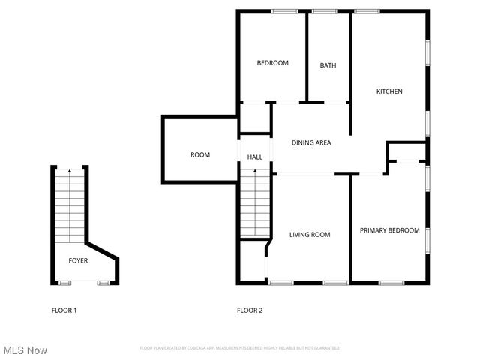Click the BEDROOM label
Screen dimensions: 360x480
pos(272,63)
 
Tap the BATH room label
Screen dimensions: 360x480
pos(328,65)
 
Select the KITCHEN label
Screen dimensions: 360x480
pos(389,91)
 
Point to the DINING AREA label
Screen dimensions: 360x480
pos(311,142)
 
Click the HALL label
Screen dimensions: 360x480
pos(255,157)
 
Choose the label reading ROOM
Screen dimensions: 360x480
pos(200,155)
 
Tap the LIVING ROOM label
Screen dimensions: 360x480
pos(310,235)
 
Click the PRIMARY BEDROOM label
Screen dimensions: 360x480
pos(389,230)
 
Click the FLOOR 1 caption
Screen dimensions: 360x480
pos(64,310)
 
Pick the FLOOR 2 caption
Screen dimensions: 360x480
pos(250,310)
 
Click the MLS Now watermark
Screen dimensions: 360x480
pos(25,350)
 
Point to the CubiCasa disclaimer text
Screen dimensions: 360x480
pos(240,348)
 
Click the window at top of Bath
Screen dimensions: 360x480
pos(324,11)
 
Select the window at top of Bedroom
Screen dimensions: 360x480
pos(283,11)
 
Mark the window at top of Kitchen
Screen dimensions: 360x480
pos(366,11)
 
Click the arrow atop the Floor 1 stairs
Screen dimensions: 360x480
pos(70,172)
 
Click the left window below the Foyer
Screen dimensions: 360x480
pos(65,282)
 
